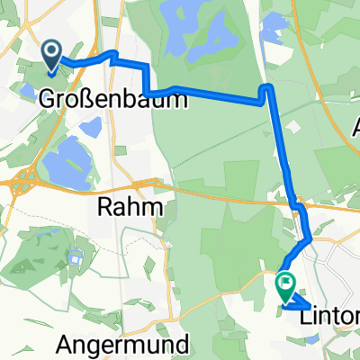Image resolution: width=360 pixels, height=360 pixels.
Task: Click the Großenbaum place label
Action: pos(114,101)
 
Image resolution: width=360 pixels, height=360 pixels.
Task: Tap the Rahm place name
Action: pos(133,209)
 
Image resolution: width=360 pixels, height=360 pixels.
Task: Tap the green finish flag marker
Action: pos(286,287)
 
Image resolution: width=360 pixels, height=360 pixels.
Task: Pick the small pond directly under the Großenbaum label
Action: pos(90,128)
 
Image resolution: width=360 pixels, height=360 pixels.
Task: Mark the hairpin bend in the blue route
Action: pos(267,88)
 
